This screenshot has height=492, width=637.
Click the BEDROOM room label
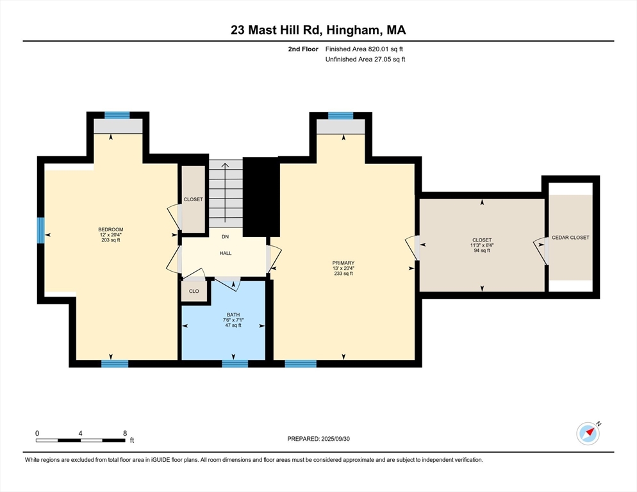point(110,229)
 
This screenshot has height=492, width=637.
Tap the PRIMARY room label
point(343,263)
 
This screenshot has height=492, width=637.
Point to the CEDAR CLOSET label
point(570,238)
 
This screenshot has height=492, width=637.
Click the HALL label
point(226,253)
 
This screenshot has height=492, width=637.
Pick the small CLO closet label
point(194,291)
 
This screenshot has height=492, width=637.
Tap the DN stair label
point(225,236)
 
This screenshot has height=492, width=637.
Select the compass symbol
point(588,433)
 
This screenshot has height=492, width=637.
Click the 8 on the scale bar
point(124,434)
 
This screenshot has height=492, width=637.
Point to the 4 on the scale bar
point(80,434)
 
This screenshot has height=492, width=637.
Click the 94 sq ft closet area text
point(482,250)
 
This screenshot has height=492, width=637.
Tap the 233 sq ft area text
point(343,274)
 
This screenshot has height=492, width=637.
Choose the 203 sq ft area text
point(110,240)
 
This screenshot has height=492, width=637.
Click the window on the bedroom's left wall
point(40,230)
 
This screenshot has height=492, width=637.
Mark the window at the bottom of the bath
point(235,364)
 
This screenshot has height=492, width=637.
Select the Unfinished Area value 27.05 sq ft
point(385,59)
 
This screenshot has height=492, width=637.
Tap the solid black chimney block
point(261,197)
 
